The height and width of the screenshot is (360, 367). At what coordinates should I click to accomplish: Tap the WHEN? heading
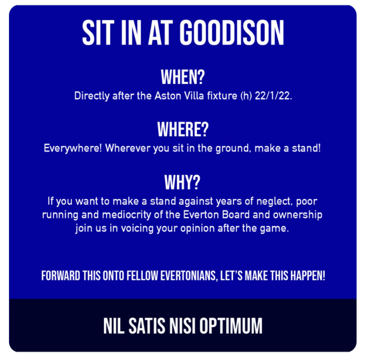183,77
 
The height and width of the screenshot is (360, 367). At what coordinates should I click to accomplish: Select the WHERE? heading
183,129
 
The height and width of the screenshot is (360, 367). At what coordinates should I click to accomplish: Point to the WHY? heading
182,182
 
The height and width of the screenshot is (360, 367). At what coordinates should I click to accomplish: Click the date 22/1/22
273,96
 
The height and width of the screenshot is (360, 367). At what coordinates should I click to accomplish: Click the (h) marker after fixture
246,96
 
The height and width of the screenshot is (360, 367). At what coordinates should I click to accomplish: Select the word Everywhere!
73,149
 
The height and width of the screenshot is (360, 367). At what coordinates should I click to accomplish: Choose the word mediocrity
126,215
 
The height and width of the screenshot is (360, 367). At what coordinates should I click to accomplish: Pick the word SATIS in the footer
147,326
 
